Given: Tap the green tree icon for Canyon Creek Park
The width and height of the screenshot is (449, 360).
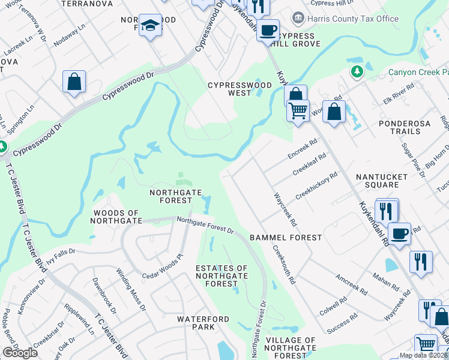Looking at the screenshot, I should point(357,72).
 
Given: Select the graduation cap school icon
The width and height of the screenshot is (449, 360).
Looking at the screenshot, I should point(150,26).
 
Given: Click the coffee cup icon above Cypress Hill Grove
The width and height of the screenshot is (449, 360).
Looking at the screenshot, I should point(268,29).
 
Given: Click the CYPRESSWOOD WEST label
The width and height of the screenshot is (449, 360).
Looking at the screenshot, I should point(238,89).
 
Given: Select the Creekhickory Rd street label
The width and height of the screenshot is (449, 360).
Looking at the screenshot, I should point(316,187).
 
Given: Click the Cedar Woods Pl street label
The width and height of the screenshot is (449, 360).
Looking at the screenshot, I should point(161,268).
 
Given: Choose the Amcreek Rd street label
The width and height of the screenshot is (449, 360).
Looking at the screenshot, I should point(352,284).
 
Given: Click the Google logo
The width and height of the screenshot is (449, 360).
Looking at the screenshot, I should point(20,353).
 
